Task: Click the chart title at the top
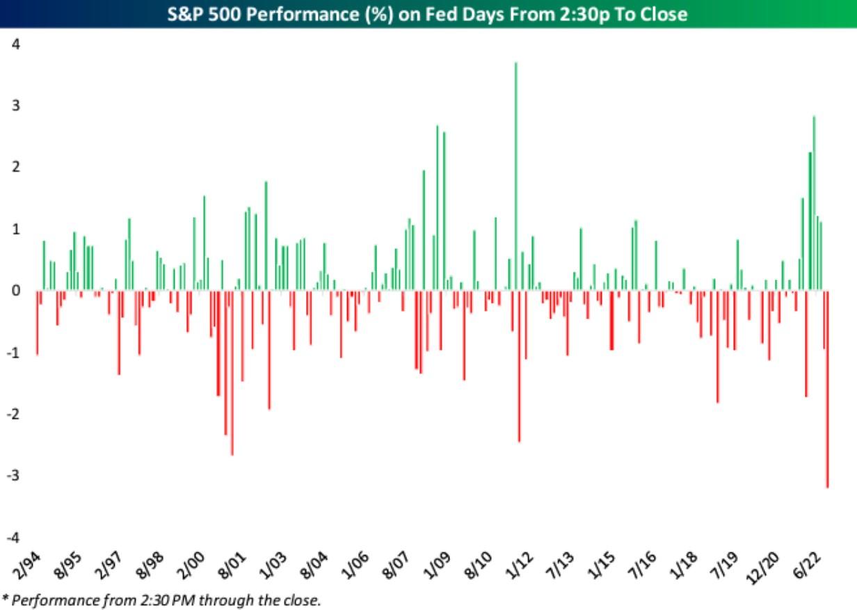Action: (428, 14)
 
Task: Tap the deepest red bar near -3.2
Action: (827, 390)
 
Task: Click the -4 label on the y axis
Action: (14, 538)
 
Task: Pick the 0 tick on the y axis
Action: (16, 291)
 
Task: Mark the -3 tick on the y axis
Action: (14, 476)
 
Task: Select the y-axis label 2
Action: (16, 168)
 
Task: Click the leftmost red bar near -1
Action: (37, 323)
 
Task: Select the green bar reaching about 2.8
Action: (814, 202)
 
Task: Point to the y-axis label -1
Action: (14, 353)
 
